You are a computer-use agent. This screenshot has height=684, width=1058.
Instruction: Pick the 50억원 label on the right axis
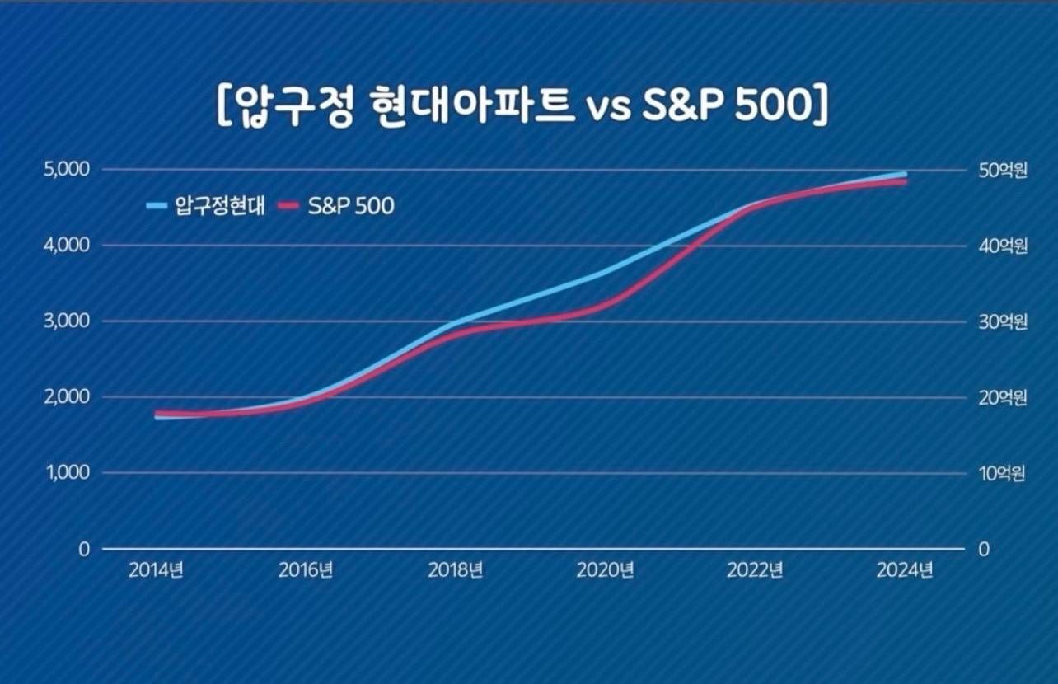[x=1001, y=171]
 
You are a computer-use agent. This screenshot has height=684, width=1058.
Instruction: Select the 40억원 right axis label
[x=1001, y=246]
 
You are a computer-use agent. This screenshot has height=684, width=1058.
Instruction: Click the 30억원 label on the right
[x=1001, y=322]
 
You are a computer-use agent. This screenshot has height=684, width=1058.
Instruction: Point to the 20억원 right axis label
[x=1001, y=398]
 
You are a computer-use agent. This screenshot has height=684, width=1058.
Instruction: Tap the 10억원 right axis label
[x=1001, y=474]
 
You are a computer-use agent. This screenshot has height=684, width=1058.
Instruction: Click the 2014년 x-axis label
[x=156, y=570]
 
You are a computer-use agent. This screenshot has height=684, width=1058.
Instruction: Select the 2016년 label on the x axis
[x=306, y=570]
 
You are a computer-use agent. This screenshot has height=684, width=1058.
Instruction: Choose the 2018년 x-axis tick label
[x=456, y=570]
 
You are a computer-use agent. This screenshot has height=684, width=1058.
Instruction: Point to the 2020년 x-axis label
[x=606, y=570]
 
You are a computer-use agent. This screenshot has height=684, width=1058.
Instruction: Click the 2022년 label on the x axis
[x=756, y=570]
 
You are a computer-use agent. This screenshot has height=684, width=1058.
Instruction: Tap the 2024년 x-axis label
[x=906, y=570]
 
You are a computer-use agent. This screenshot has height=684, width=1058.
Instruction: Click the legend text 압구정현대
[x=219, y=206]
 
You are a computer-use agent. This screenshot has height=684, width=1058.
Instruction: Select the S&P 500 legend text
[x=351, y=206]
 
